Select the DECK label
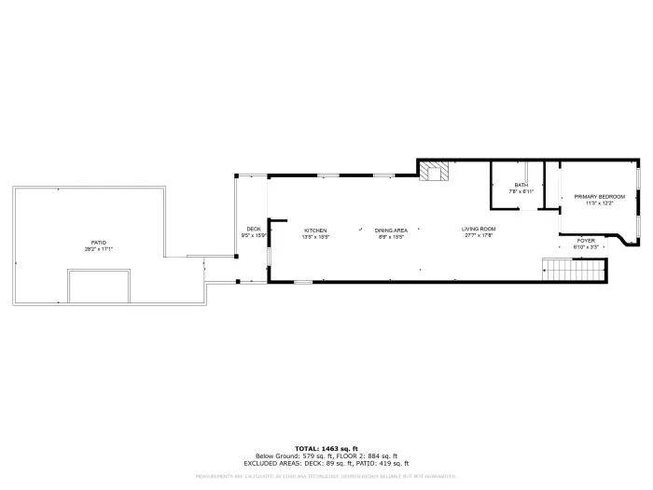point(253,229)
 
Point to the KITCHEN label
point(314,230)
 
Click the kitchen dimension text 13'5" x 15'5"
point(315,236)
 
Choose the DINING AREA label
point(391,230)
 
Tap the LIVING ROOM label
point(479,229)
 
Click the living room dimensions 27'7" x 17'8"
point(479,235)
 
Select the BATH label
point(521,185)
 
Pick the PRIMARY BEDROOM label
point(599,196)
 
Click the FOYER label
point(586,241)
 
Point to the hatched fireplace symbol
point(434,172)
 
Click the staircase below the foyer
point(576,271)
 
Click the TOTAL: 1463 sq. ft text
point(326,448)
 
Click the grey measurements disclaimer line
point(326,476)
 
